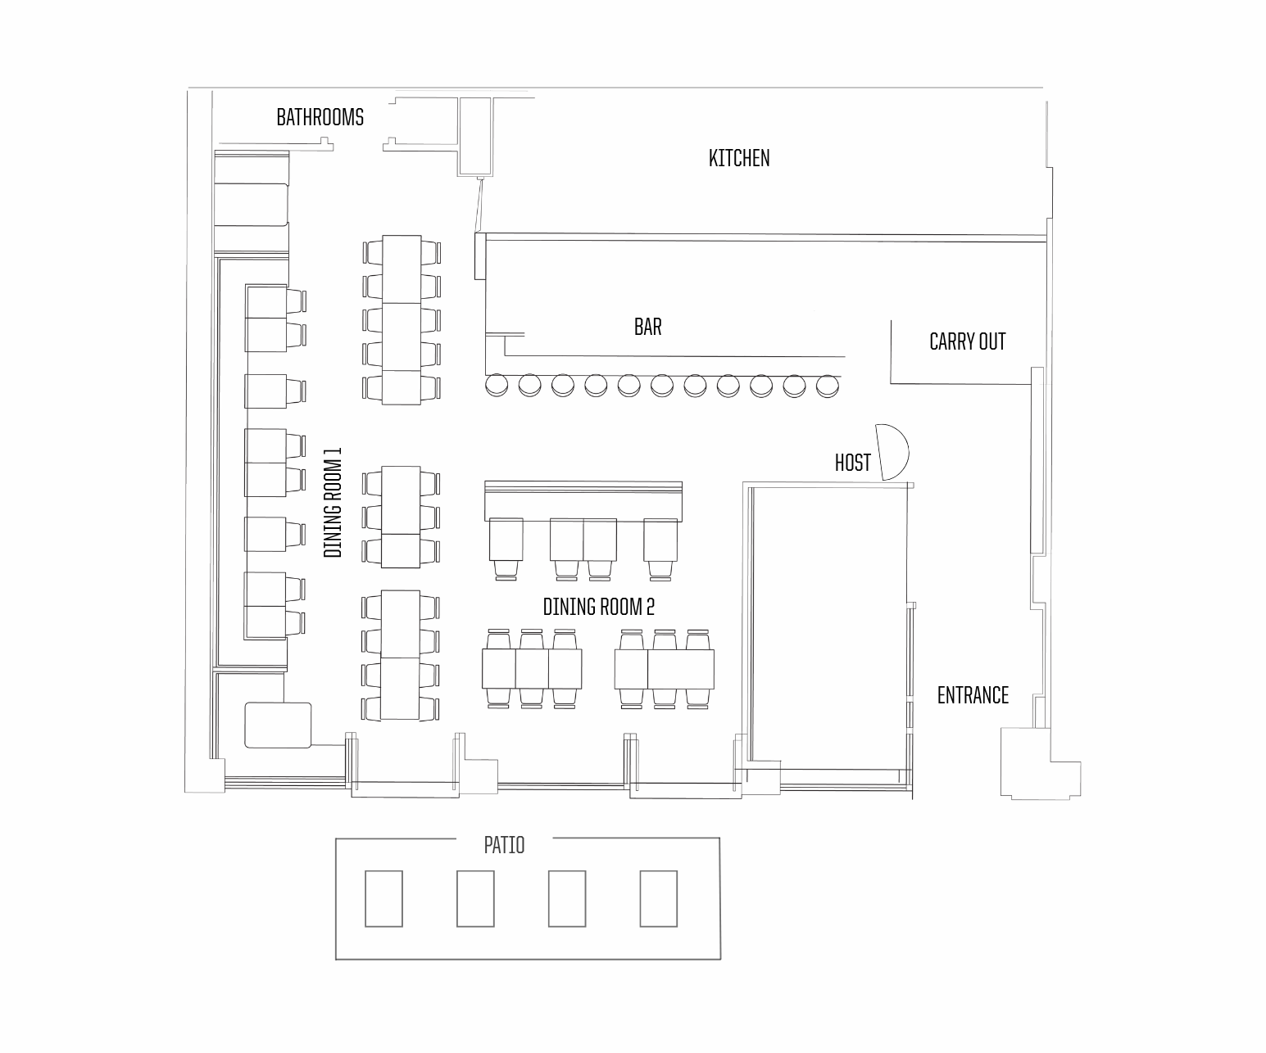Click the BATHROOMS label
[320, 117]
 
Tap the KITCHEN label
[739, 158]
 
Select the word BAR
[647, 327]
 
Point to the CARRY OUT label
[967, 341]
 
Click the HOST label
[852, 463]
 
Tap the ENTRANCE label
[973, 695]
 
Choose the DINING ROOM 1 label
[333, 503]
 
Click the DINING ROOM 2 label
[599, 607]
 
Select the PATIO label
[504, 845]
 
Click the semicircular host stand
[892, 452]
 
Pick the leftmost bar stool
[497, 386]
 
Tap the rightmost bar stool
[828, 386]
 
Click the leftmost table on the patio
[383, 898]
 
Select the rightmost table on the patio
[658, 898]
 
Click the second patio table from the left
[475, 898]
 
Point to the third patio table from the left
[567, 898]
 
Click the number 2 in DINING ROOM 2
[650, 607]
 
